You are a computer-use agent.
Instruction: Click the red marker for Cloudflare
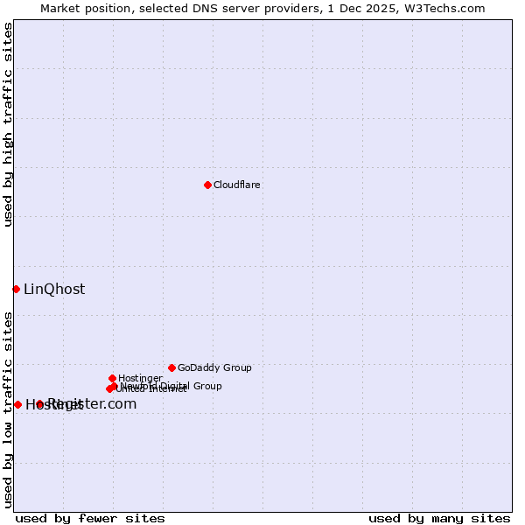coord(207,185)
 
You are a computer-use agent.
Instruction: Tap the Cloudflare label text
coord(237,185)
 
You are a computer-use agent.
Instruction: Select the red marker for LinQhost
coord(16,289)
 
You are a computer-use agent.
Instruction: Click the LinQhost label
coord(54,289)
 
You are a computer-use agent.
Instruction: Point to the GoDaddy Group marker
coord(171,367)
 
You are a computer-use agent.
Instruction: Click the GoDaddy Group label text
coord(214,367)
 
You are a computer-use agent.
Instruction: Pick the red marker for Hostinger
coord(112,378)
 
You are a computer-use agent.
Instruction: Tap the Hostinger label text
coord(140,378)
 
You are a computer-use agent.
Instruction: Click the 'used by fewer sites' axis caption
coord(90,518)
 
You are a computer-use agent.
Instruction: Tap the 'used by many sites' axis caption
coord(439,518)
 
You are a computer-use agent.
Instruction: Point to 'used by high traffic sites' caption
coord(8,124)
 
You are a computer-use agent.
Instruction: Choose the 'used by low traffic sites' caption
coord(8,409)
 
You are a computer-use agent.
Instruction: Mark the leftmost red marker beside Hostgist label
coord(17,404)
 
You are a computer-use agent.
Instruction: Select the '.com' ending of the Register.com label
coord(121,403)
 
